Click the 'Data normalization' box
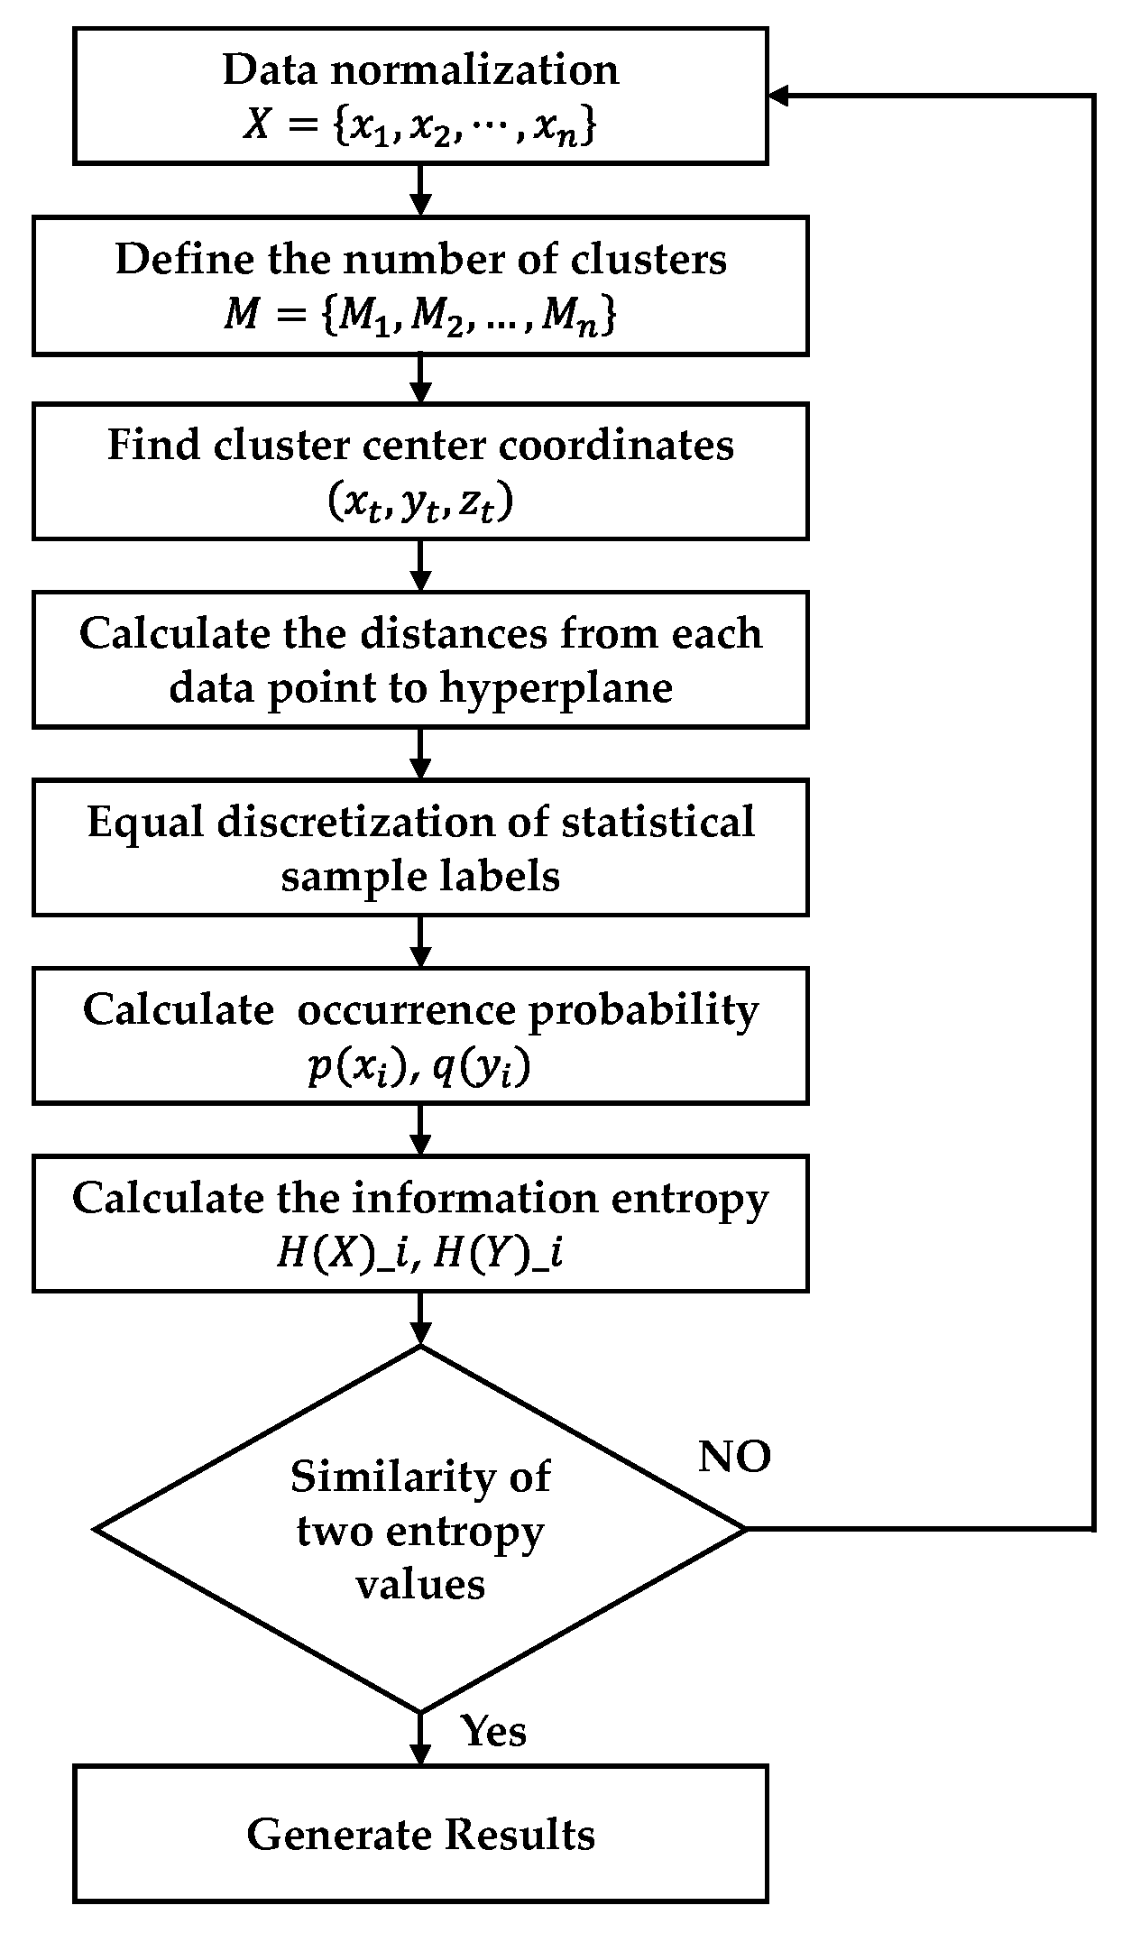coord(420,96)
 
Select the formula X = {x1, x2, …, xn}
coord(420,126)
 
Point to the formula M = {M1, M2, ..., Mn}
coord(420,316)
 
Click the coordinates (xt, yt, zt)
coord(420,502)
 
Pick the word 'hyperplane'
coord(556,688)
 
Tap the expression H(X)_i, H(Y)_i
coord(420,1255)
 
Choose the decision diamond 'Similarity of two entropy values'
coord(420,1530)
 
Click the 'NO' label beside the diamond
coord(734,1456)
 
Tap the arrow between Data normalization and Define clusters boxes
coord(420,190)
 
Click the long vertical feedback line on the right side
coord(1093,812)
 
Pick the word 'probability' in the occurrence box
coord(643,1010)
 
